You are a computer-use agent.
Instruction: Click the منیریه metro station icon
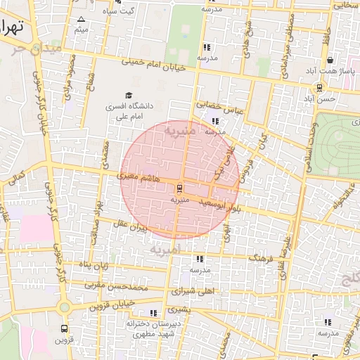coord(179,188)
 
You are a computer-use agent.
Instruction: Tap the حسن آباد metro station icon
coord(320,88)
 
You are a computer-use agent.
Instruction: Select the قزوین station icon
coord(65,328)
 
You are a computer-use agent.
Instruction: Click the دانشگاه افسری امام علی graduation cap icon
coord(129,95)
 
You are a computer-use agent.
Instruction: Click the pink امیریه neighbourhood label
coord(165,250)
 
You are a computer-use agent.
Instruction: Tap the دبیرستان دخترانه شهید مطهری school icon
coord(153,313)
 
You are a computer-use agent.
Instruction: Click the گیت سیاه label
coord(119,11)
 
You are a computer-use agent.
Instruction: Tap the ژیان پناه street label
coord(94,266)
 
